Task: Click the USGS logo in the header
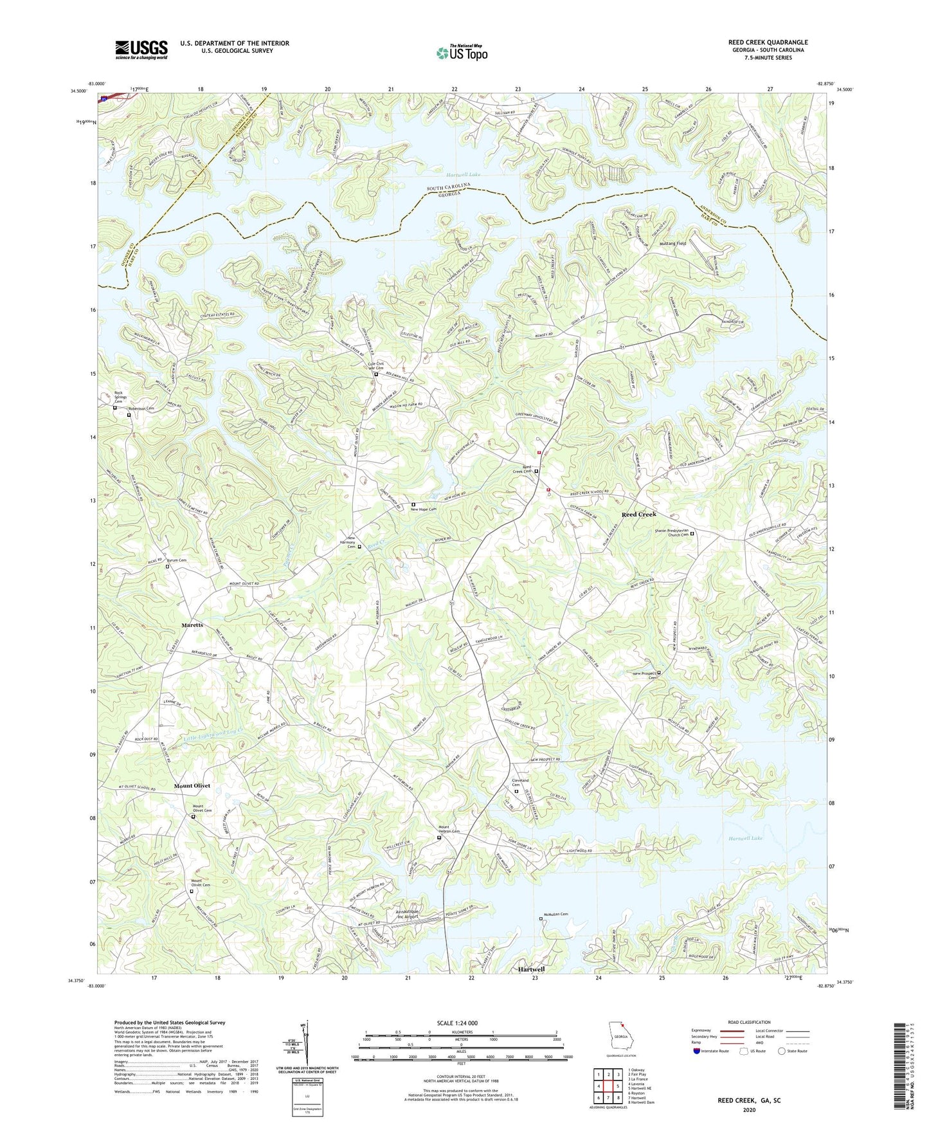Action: tap(141, 49)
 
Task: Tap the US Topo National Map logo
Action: tap(462, 53)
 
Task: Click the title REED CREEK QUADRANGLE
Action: tap(768, 42)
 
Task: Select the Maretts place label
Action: tap(192, 625)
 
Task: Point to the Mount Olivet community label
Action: tap(192, 786)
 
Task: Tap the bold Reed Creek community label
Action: tap(638, 515)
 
